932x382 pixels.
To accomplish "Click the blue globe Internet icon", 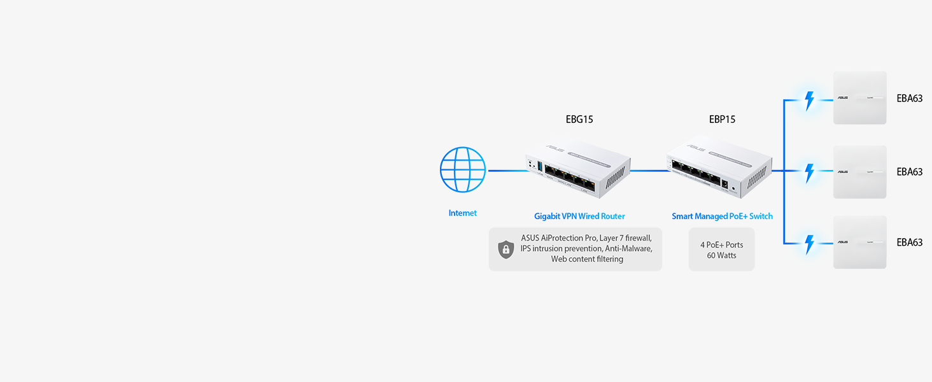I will [x=463, y=170].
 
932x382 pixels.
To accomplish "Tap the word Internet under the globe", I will [x=463, y=213].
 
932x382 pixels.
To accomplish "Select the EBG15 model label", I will [x=579, y=119].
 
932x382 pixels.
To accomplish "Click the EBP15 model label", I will [x=722, y=119].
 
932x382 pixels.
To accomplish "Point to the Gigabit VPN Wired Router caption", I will [x=579, y=216].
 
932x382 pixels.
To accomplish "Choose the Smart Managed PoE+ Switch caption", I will [x=722, y=216].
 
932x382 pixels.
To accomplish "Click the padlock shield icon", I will [x=505, y=249].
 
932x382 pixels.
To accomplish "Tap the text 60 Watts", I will [x=721, y=255].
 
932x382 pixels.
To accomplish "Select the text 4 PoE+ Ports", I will [x=721, y=244].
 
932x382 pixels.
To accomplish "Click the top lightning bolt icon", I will [x=809, y=101].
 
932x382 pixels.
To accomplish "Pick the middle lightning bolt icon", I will [x=809, y=171].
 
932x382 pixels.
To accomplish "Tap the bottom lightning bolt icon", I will [x=809, y=243].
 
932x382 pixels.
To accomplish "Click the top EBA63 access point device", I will [x=860, y=98].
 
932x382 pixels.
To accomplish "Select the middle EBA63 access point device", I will [x=860, y=171].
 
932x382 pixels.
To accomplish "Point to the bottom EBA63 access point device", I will [x=860, y=242].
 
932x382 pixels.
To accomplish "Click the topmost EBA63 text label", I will [x=909, y=99].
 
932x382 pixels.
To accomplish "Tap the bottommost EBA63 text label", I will [x=909, y=243].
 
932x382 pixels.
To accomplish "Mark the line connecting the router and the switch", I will [x=648, y=171].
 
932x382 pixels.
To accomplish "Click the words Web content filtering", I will [x=587, y=259].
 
